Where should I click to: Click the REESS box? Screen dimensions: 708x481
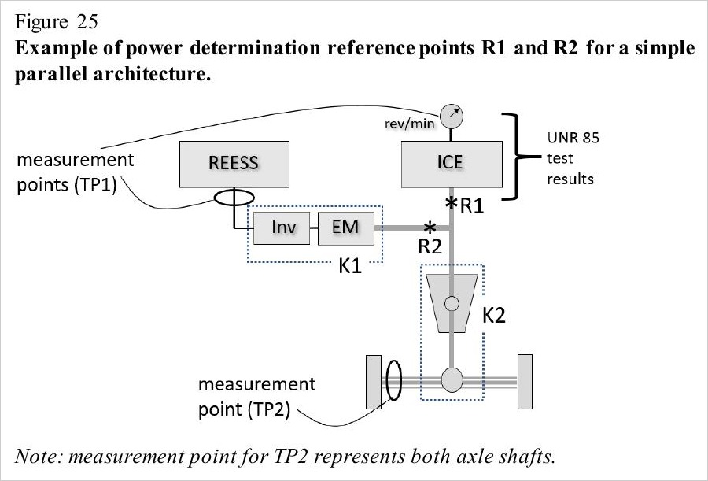point(234,164)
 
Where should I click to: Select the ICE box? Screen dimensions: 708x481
point(452,164)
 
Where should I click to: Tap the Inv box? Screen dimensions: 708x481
point(282,228)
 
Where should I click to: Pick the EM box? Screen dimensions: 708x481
point(346,228)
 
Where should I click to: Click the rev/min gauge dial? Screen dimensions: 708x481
point(452,117)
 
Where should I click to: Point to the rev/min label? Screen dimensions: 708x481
point(410,124)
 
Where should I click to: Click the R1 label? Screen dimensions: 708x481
point(472,206)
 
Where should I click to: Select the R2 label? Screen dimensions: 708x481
point(430,247)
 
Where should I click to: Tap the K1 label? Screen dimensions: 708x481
point(350,266)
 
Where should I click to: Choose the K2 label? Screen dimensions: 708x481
point(493,316)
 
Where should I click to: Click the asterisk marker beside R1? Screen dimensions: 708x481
point(451,203)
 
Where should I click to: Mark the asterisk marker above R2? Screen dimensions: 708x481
point(430,227)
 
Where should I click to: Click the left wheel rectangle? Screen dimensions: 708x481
point(374,382)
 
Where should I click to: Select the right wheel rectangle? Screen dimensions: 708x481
point(525,382)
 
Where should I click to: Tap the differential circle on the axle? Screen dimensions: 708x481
point(452,379)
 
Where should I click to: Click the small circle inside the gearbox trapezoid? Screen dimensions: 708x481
point(452,303)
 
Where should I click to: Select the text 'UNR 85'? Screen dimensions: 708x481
point(573,138)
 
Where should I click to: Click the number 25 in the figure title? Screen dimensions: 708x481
point(87,22)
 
